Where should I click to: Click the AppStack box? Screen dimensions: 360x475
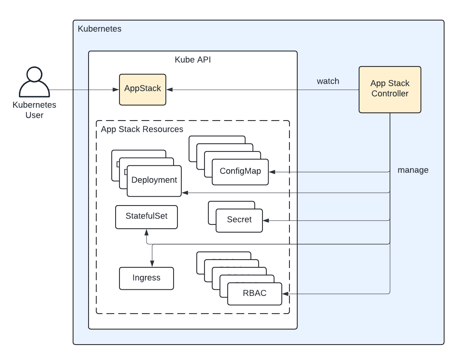(x=142, y=89)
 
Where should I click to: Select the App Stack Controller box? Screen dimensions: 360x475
(x=390, y=89)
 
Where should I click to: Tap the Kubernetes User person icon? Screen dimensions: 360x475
(x=34, y=82)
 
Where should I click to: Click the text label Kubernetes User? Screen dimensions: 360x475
(x=34, y=110)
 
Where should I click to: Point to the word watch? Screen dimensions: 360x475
(x=328, y=81)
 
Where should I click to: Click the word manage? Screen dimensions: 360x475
(x=413, y=170)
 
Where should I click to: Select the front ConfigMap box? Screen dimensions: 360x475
(x=240, y=172)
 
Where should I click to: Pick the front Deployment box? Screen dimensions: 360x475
(x=154, y=180)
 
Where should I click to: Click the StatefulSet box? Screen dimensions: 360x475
(x=146, y=216)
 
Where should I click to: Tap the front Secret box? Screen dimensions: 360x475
(x=239, y=220)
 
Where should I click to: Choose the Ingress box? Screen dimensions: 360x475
(x=146, y=278)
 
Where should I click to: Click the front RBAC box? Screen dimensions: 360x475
(x=255, y=294)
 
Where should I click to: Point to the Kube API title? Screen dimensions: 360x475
(x=193, y=60)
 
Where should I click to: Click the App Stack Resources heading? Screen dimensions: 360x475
(x=142, y=129)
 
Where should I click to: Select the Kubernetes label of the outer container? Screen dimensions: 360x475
(x=100, y=29)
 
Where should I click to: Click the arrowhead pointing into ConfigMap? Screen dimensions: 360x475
(x=272, y=172)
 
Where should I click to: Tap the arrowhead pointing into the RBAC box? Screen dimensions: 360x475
(x=285, y=294)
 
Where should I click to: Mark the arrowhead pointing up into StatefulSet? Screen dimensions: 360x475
(x=146, y=232)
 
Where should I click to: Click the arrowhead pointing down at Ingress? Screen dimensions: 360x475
(x=152, y=264)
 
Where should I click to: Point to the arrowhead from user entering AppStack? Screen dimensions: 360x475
(x=116, y=90)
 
